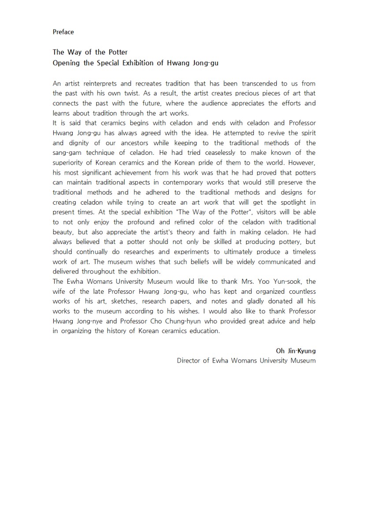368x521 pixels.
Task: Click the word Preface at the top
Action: [x=63, y=32]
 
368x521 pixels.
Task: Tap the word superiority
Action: [x=69, y=162]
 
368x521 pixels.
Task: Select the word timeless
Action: [x=301, y=251]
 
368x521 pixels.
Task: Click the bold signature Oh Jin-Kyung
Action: [x=296, y=351]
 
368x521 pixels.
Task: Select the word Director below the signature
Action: [x=190, y=360]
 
